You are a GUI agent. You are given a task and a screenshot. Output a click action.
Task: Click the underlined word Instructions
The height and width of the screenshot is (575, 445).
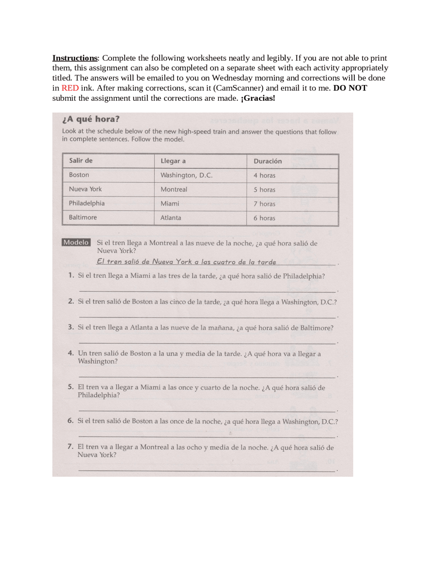point(75,58)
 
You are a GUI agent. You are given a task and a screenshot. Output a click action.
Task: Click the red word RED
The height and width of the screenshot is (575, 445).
point(70,88)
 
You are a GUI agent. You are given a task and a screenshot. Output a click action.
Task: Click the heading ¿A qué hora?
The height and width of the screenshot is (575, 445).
point(91,119)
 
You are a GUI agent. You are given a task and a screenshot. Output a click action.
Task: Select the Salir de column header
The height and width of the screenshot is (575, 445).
point(81,160)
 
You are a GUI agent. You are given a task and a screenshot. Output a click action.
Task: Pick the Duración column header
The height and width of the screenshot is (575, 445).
point(267,161)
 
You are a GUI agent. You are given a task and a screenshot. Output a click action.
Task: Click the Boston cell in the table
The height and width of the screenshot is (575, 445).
point(79,175)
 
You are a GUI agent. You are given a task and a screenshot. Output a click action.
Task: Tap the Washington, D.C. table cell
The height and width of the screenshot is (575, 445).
point(186,175)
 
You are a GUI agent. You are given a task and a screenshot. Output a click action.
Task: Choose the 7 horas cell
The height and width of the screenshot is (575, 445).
point(264,204)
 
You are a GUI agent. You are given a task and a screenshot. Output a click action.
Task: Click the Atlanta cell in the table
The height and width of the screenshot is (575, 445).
point(171,218)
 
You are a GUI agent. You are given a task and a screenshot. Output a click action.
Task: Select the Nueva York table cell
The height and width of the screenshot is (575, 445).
point(85,189)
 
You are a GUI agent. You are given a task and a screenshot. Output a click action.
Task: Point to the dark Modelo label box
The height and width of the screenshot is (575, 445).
point(76,242)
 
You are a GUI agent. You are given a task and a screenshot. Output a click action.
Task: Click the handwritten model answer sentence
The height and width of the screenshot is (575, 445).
point(186,262)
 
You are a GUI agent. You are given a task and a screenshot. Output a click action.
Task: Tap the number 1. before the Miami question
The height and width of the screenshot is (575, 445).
point(71,275)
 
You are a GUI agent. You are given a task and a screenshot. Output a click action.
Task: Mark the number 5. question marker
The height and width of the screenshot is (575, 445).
point(71,387)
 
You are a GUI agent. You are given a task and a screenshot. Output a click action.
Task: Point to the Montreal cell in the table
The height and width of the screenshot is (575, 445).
point(174,190)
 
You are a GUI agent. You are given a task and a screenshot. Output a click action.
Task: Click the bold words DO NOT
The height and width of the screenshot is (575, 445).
point(350,88)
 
